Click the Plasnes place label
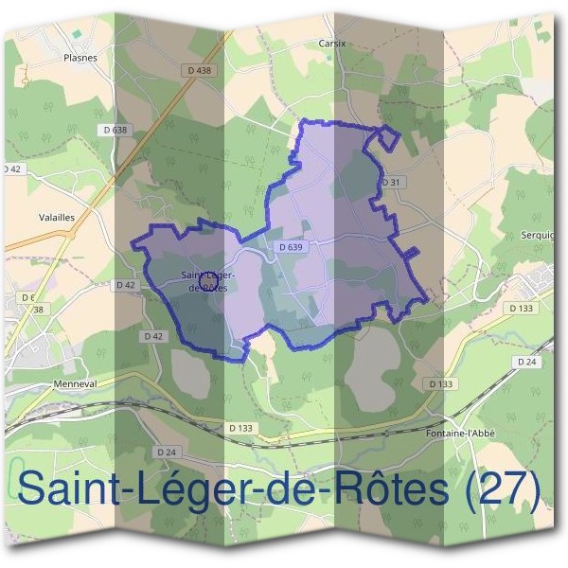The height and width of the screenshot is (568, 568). [x=80, y=57]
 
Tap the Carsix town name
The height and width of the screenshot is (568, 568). [x=331, y=44]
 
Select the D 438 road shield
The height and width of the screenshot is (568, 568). [x=199, y=70]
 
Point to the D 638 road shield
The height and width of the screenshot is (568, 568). [x=113, y=130]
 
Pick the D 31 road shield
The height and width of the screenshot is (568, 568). [x=391, y=182]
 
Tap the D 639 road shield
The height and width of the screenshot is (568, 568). [x=291, y=247]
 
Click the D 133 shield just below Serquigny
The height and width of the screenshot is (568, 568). [x=521, y=308]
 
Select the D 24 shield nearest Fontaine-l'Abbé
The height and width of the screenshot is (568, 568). [x=527, y=363]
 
